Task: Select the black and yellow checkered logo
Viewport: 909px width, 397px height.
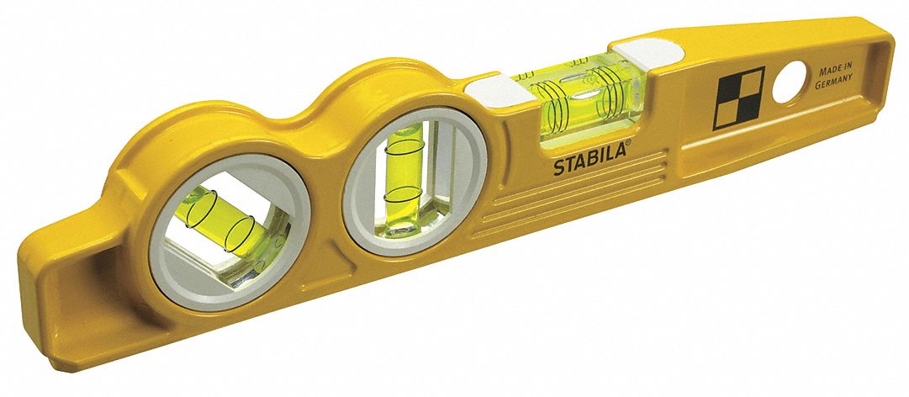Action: [738, 98]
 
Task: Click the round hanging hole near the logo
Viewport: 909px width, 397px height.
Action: [790, 82]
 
